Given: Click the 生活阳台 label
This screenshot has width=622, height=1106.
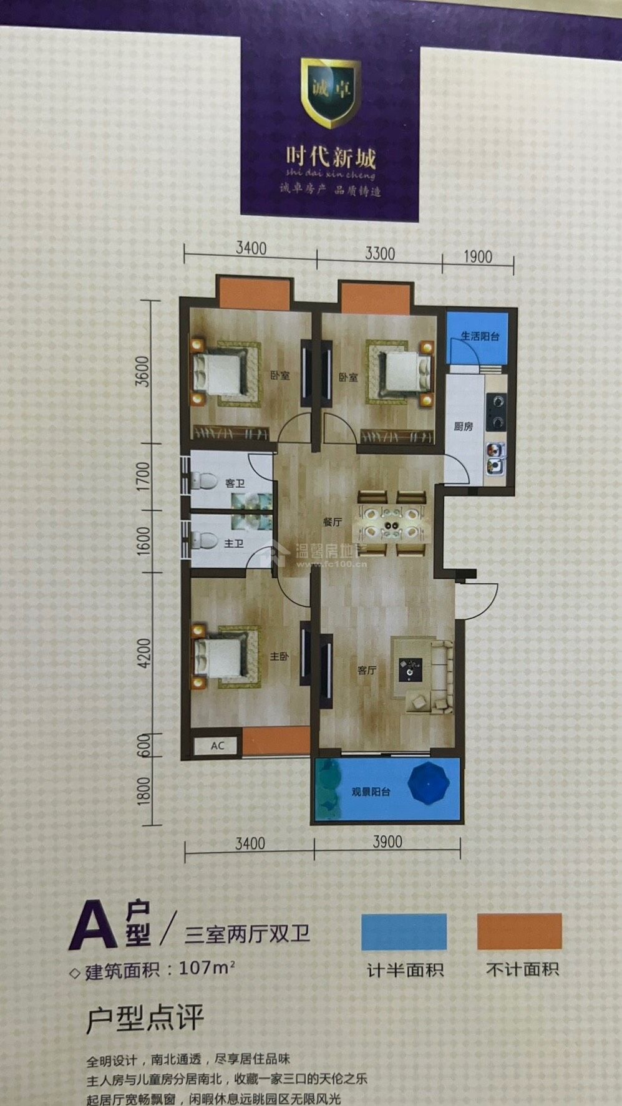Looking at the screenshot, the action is (480, 336).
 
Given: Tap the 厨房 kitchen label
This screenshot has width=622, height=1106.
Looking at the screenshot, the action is (463, 427).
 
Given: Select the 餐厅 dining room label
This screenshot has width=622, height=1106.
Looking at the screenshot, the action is (333, 523).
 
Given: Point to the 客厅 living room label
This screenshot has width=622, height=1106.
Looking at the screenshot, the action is (367, 671).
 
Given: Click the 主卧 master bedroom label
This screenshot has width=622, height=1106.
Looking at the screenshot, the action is (279, 657).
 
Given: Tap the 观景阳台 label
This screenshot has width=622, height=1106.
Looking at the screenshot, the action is (371, 792).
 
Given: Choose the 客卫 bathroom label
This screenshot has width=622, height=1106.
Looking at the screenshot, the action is (235, 483).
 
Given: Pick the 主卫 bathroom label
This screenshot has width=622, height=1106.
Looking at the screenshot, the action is (233, 544).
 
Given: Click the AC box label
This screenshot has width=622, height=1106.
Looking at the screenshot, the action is (217, 745).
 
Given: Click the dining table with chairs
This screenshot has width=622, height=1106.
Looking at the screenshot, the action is (392, 523).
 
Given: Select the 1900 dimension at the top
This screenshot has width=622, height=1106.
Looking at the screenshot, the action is (478, 256).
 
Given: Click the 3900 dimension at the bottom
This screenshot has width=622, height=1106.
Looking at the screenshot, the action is (387, 842).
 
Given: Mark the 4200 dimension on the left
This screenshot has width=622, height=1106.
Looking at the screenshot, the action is (144, 653).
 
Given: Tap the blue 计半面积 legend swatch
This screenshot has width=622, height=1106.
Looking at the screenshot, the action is (404, 932).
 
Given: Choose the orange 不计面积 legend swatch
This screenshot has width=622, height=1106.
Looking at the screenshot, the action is (520, 932).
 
